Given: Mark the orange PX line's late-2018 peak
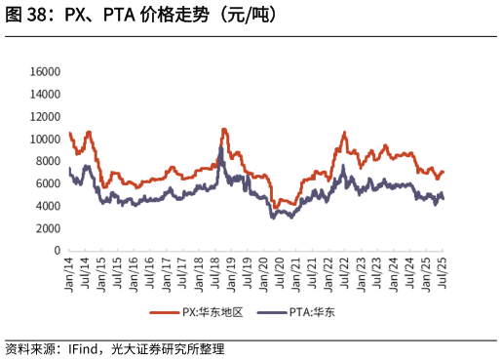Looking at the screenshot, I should click(224, 129).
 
